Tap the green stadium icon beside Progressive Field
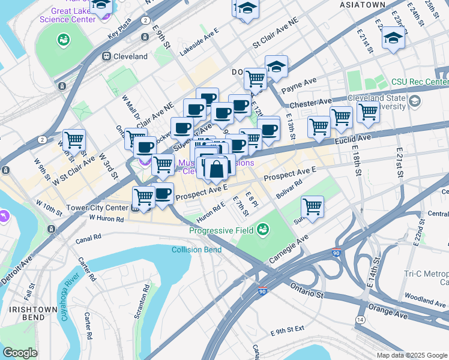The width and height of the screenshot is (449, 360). point(262,229)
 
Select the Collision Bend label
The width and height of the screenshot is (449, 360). point(196,250)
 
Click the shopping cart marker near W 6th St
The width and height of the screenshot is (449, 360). point(74,140)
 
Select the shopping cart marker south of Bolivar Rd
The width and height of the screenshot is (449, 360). point(312,206)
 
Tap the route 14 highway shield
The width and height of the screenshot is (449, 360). point(360,320)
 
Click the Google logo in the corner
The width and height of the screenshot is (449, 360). point(20,353)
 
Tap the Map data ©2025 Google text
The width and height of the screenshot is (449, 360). point(411,355)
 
